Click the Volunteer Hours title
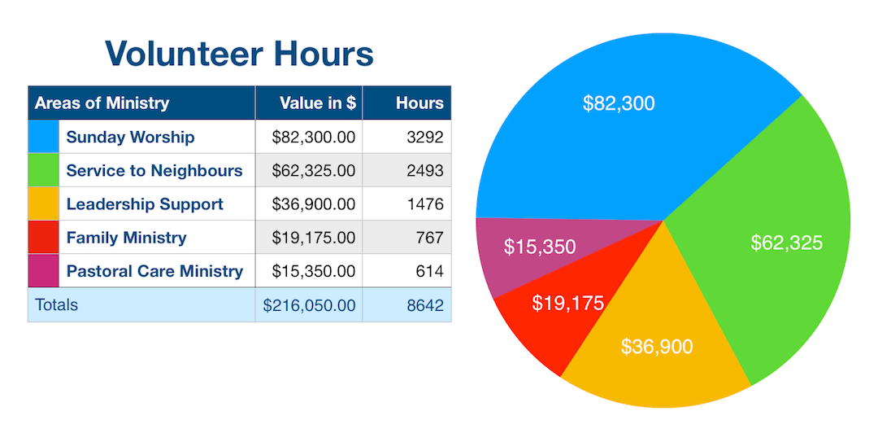tap(239, 54)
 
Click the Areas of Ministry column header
tap(102, 103)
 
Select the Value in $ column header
tap(317, 103)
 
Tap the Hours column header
tap(419, 103)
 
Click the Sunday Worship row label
tap(130, 137)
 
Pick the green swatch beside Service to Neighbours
tap(44, 170)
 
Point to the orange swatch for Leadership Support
tap(44, 203)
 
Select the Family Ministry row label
tap(126, 238)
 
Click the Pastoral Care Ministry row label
tap(154, 271)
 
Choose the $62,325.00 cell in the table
tap(313, 170)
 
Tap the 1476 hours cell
tap(424, 203)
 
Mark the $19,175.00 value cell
tap(313, 238)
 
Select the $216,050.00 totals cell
tap(309, 305)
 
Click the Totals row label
tap(56, 305)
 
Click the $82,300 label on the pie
tap(619, 103)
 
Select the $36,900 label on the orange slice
tap(657, 347)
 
